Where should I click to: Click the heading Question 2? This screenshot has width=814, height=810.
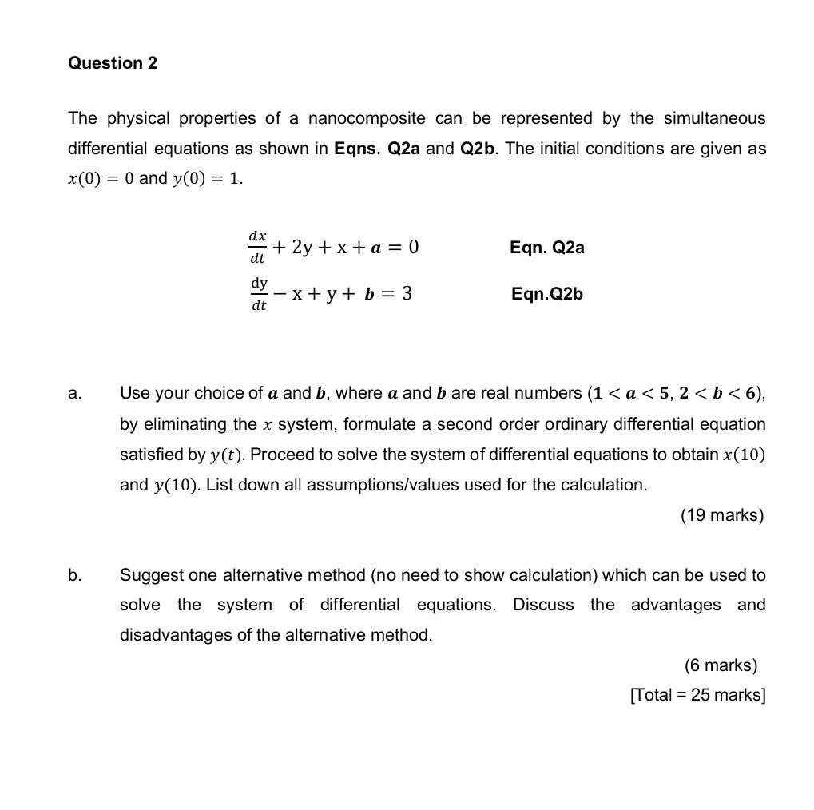(113, 63)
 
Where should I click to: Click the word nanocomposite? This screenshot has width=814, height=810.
(367, 118)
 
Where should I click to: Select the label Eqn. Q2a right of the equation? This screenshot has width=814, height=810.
(547, 248)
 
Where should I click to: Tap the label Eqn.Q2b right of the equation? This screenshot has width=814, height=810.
(547, 294)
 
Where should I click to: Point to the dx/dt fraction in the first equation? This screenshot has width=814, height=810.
(257, 247)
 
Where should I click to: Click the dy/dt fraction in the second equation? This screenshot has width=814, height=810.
(259, 294)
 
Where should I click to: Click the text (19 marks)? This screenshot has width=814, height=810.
(722, 515)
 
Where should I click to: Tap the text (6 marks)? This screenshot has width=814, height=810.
(721, 665)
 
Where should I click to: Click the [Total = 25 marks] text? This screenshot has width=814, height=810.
(697, 695)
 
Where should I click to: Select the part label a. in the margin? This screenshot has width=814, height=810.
(74, 393)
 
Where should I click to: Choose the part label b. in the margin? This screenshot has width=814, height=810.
(74, 575)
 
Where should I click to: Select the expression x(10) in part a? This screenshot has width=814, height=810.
(745, 455)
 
